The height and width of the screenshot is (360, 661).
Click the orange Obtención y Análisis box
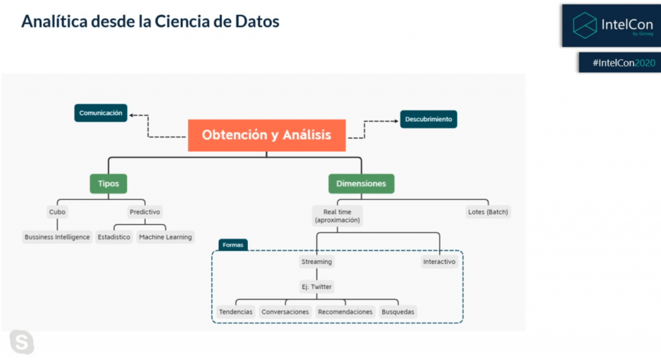tap(267, 135)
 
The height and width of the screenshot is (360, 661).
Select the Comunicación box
tap(101, 113)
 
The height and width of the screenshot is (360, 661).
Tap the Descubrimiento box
tap(429, 119)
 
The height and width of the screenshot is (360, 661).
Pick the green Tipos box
tap(108, 184)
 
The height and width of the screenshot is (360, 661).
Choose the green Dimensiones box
tap(361, 184)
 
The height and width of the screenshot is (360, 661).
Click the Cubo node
tap(57, 212)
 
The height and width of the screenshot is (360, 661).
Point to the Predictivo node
tap(145, 212)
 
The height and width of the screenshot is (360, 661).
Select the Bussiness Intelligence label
tap(57, 237)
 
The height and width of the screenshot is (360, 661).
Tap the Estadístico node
tap(114, 237)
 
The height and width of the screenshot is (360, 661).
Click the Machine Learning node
tap(165, 237)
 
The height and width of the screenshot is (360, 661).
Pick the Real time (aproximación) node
tap(337, 216)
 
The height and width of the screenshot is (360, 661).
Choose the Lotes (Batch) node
tap(488, 212)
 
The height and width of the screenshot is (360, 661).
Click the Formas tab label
tap(233, 245)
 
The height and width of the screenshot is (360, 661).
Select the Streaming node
tap(316, 262)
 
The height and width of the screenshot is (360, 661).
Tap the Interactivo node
tap(439, 262)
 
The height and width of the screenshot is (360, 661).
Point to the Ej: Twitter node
tap(316, 286)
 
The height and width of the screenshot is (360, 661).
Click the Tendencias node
tap(236, 312)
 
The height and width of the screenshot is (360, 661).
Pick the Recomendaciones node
tap(345, 312)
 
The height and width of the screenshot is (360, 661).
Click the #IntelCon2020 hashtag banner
tap(620, 63)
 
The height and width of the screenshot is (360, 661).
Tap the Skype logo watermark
tap(22, 342)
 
